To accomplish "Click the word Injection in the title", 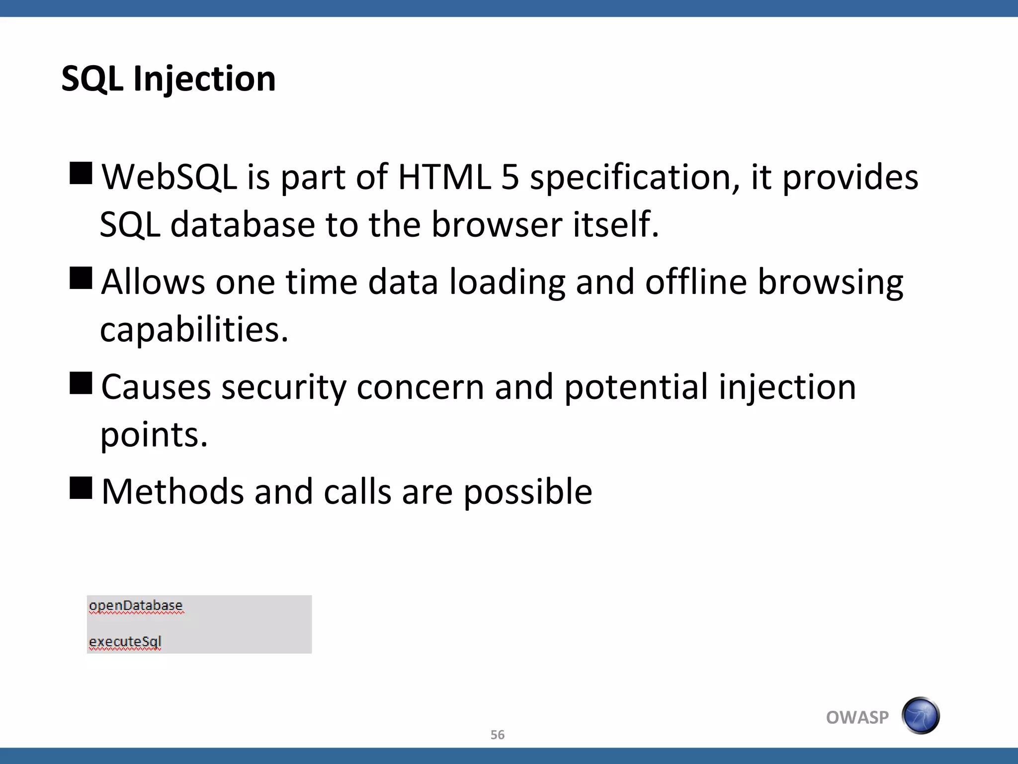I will coord(204,80).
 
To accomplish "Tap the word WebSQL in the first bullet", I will coord(169,177).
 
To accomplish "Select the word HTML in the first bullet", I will coord(444,177).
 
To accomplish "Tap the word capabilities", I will coord(194,330).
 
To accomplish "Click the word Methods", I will coord(172,492).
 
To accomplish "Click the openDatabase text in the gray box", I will coord(136,606).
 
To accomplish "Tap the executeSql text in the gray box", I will coord(125,642).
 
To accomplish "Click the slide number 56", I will coord(498,735).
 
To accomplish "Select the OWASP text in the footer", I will coord(857,717).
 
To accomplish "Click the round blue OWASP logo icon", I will coord(921,715).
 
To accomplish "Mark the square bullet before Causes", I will coord(81,383).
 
